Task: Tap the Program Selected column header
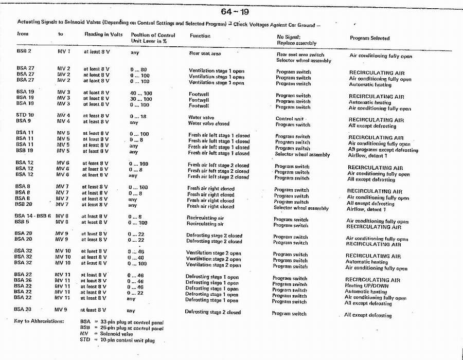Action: [x=369, y=38]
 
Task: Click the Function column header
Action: [x=200, y=36]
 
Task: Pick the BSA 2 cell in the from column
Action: [x=24, y=51]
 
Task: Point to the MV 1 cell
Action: [x=64, y=52]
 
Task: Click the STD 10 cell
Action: [x=25, y=115]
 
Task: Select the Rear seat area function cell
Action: [x=205, y=53]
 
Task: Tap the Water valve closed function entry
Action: [x=209, y=123]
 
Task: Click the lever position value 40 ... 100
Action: [x=140, y=93]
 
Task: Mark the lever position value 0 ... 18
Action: [x=138, y=117]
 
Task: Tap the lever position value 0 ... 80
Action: [x=138, y=69]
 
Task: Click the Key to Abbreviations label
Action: [x=39, y=321]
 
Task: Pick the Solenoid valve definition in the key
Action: [x=116, y=334]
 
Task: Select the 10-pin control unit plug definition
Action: [x=127, y=340]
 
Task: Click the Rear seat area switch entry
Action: [x=300, y=55]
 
